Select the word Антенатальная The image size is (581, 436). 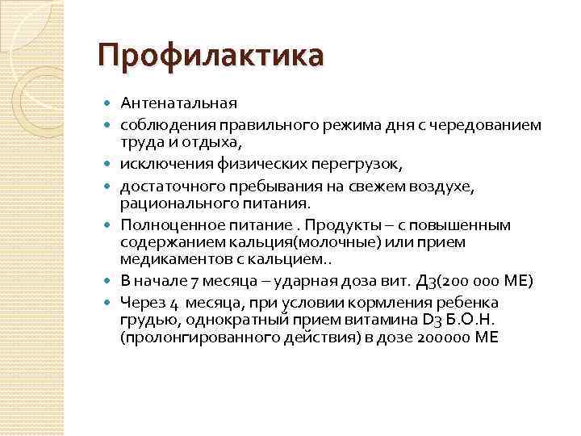[178, 104]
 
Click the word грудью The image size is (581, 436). [144, 320]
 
